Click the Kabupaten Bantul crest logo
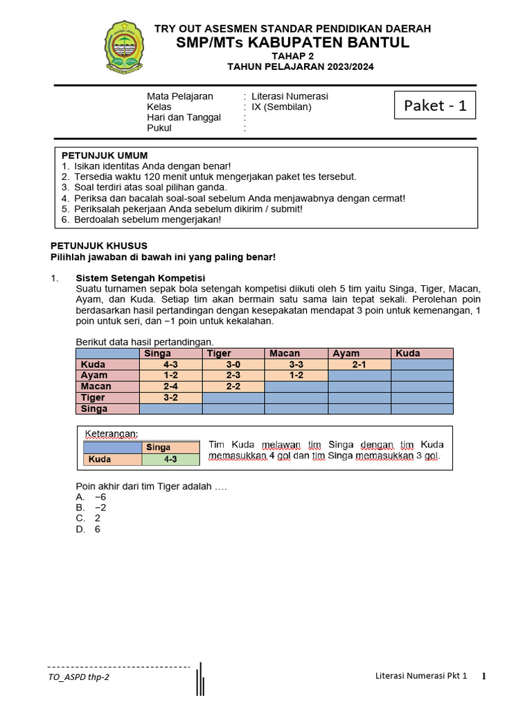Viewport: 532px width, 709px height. (x=125, y=47)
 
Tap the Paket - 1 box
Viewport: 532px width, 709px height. (x=435, y=105)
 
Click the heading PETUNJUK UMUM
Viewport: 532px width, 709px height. (x=105, y=155)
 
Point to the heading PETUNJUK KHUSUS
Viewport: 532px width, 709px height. (x=99, y=246)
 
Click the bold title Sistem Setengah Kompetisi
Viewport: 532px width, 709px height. (x=140, y=278)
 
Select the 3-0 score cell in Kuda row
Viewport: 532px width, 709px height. (x=233, y=364)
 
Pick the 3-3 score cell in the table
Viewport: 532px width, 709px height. (x=296, y=364)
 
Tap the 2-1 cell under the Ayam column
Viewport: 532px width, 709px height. (x=359, y=364)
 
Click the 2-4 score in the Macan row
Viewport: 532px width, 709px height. (x=170, y=386)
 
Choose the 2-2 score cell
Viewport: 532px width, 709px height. (x=233, y=386)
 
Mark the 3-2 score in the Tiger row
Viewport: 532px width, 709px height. (x=170, y=397)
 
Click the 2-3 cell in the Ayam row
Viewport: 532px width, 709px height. (x=233, y=375)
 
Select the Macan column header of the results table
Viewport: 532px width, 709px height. (x=285, y=353)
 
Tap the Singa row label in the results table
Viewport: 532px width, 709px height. (x=94, y=409)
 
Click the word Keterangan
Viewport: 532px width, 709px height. (x=111, y=434)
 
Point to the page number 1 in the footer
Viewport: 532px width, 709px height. (x=484, y=676)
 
